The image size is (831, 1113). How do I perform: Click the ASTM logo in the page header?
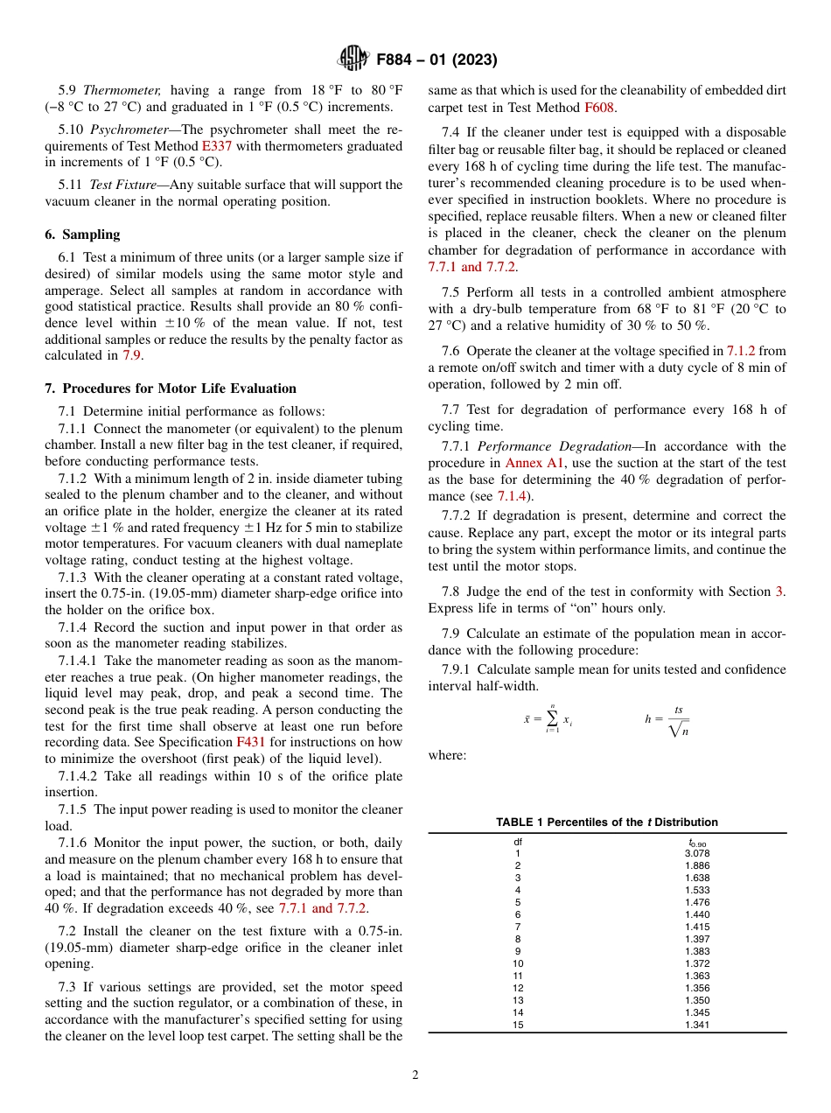pyautogui.click(x=353, y=59)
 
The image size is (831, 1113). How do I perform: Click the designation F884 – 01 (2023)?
pyautogui.click(x=436, y=60)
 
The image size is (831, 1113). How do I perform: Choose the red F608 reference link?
pyautogui.click(x=599, y=108)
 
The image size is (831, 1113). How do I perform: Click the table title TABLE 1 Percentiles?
pyautogui.click(x=606, y=822)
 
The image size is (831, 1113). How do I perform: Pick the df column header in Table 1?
pyautogui.click(x=518, y=842)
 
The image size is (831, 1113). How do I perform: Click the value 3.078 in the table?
pyautogui.click(x=696, y=853)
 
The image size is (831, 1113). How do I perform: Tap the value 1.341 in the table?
pyautogui.click(x=696, y=1025)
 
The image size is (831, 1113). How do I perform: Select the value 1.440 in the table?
pyautogui.click(x=696, y=914)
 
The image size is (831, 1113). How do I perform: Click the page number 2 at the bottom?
pyautogui.click(x=415, y=1075)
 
